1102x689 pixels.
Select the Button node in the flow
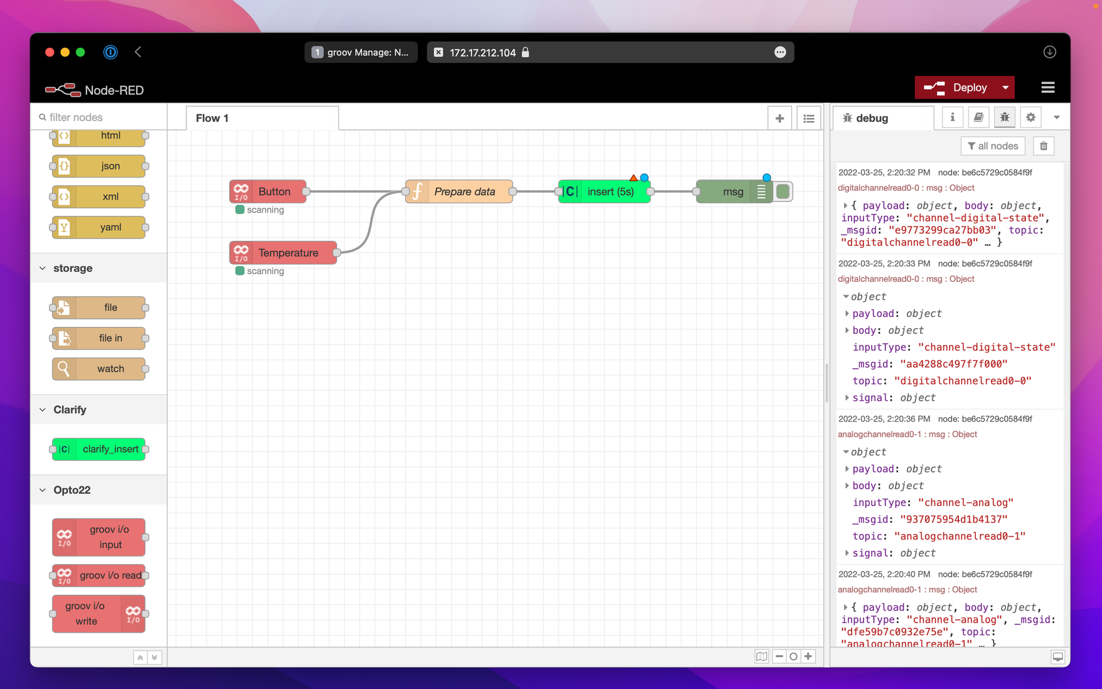point(268,191)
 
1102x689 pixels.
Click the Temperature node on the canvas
point(283,253)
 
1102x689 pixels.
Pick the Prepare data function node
point(459,191)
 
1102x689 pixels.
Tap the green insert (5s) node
point(604,191)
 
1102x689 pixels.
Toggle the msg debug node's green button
point(783,191)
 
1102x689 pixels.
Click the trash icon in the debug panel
point(1044,146)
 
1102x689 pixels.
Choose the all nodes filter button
point(993,146)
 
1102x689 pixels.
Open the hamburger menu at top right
point(1048,88)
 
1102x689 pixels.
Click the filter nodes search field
point(100,117)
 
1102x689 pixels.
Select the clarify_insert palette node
point(99,449)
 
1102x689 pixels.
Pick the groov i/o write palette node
point(99,614)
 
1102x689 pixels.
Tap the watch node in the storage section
point(99,369)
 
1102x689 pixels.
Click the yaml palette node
point(99,227)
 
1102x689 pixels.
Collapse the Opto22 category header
point(72,490)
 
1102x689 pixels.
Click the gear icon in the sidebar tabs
point(1030,117)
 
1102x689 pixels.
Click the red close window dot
point(50,52)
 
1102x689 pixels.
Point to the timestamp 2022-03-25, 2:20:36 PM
point(884,419)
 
